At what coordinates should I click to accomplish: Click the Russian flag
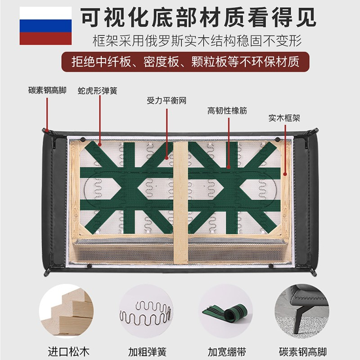pyautogui.click(x=45, y=26)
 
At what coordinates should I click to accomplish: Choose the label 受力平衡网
pyautogui.click(x=166, y=100)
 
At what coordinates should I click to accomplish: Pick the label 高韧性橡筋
pyautogui.click(x=227, y=111)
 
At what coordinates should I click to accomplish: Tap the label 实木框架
pyautogui.click(x=284, y=118)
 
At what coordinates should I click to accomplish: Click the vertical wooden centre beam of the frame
pyautogui.click(x=180, y=202)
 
